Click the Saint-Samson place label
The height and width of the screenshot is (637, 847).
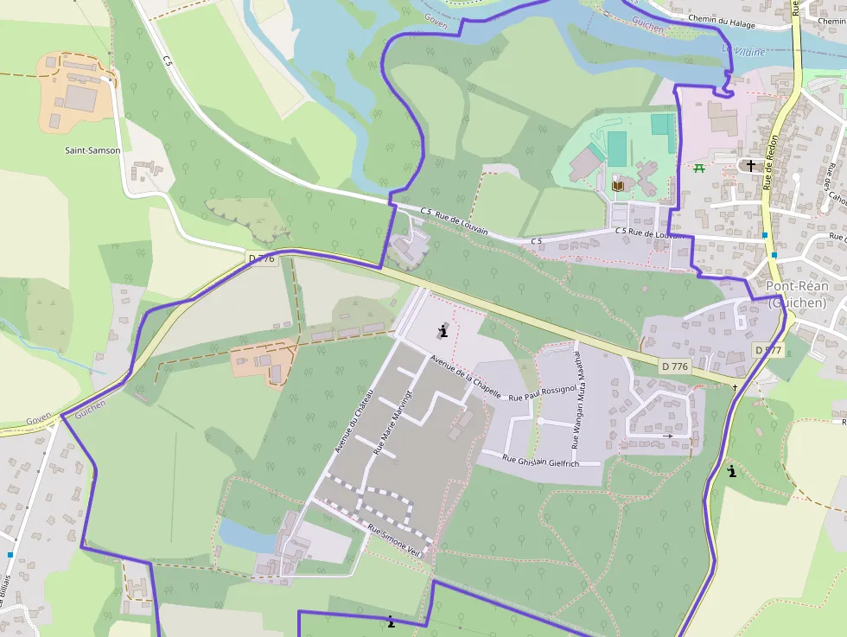point(92,150)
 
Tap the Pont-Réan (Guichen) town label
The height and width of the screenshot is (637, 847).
point(797,294)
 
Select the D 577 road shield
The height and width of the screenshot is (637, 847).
point(767,350)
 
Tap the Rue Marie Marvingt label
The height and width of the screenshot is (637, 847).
point(390,422)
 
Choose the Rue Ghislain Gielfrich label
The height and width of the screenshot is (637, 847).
point(540,462)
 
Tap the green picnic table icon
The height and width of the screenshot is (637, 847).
point(698,167)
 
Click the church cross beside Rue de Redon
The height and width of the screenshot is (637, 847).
point(750,165)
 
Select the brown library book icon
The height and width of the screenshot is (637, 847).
point(617,185)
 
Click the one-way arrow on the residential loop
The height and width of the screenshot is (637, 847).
point(666,436)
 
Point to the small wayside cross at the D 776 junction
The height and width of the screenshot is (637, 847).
point(736,387)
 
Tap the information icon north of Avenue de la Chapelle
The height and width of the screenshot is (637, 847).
point(443,331)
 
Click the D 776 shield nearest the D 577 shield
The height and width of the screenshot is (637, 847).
point(674,366)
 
